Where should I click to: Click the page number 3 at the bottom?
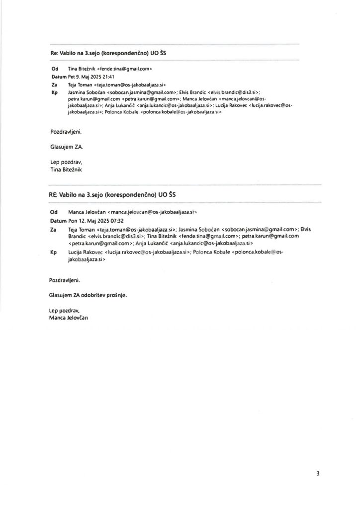tap(317, 473)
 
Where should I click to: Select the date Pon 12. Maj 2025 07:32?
tap(93, 220)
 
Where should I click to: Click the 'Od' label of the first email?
tap(55, 69)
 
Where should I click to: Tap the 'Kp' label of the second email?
tap(54, 253)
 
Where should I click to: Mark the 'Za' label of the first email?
tap(54, 85)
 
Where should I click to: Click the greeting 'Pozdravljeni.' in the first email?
tap(66, 133)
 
